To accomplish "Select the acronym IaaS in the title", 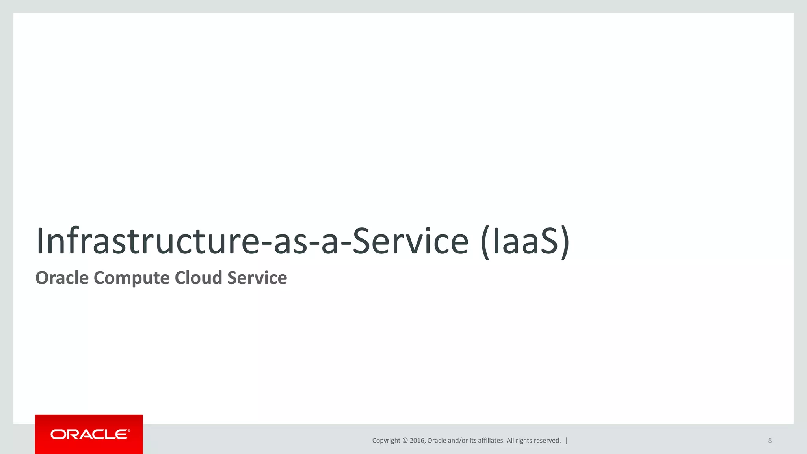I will point(526,241).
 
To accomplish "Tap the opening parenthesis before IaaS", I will point(485,242).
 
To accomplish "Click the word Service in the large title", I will point(410,241).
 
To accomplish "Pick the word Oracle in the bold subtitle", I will point(62,278).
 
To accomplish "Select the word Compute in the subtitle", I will point(132,278).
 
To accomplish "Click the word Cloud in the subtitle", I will point(199,278).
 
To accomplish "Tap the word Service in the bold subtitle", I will point(257,278).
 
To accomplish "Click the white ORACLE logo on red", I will point(90,434).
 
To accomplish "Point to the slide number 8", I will point(770,441).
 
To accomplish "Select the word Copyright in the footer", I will point(386,441).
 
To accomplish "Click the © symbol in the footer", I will point(405,441).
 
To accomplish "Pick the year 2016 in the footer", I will point(417,441).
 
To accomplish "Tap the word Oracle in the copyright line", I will point(437,441).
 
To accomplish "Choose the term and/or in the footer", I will point(458,441).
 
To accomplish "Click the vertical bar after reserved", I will point(566,441).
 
